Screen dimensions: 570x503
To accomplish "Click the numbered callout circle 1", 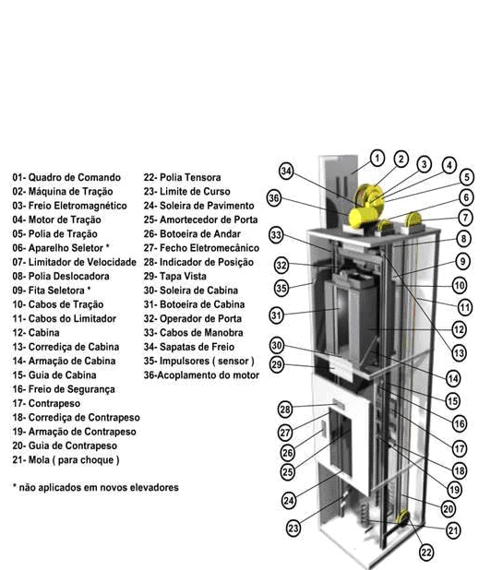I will [x=377, y=157].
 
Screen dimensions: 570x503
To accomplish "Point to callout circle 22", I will [x=425, y=552].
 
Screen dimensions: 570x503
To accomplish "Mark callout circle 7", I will [x=465, y=218].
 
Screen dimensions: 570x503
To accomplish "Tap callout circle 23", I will [x=293, y=528].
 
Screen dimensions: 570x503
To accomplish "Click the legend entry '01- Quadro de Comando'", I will [x=66, y=177].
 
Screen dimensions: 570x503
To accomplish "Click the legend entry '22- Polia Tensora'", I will [x=182, y=177].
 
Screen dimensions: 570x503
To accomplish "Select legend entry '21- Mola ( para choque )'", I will [x=66, y=459].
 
